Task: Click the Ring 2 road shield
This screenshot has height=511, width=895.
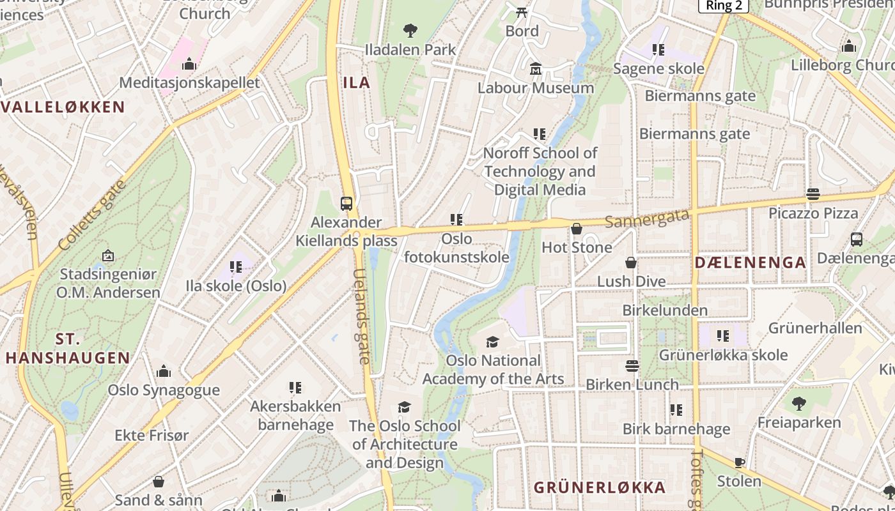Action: pos(723,5)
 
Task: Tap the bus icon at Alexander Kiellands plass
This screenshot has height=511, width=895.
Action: pos(346,204)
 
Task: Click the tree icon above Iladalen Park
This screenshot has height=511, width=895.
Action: pos(410,29)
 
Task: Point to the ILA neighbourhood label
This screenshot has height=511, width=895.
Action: pos(357,82)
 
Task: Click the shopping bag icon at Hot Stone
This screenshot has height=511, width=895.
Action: pos(577,228)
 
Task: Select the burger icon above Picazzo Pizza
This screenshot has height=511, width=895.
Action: pos(813,194)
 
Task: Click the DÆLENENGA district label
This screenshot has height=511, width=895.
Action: pos(750,263)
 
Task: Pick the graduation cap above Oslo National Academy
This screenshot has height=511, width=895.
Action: pos(492,342)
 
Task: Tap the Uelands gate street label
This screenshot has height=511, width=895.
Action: pos(361,316)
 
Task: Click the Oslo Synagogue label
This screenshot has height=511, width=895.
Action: pos(164,390)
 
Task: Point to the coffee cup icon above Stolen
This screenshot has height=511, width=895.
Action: pos(740,462)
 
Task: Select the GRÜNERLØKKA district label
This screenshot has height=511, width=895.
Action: pos(600,487)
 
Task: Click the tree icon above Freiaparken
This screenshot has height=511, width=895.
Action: pos(798,403)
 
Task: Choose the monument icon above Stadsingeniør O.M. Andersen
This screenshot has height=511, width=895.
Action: pos(107,256)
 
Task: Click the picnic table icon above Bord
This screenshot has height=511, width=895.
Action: pos(522,11)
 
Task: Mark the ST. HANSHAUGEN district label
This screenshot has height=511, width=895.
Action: pos(68,348)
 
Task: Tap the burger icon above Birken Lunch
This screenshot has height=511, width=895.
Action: pos(632,366)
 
